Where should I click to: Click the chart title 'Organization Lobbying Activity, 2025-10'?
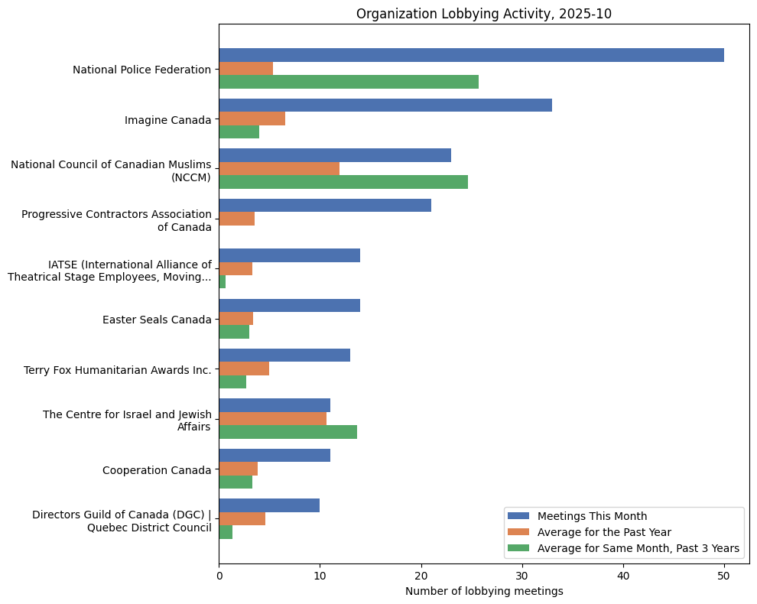pos(484,14)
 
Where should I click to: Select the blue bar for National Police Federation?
pos(471,55)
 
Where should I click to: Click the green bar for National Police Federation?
pos(349,82)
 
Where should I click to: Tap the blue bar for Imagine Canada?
pos(385,106)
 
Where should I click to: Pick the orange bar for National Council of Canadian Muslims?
pos(279,168)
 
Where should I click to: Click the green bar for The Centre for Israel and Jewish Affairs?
pos(288,432)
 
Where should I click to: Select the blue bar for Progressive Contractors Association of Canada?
pos(325,205)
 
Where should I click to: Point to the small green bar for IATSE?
pos(223,282)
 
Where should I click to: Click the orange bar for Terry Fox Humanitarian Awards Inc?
pos(244,369)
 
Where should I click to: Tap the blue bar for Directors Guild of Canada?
pos(269,505)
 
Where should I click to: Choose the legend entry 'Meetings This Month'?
pos(592,516)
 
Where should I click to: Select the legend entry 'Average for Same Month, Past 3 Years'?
pos(638,548)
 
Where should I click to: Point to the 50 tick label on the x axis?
pos(724,575)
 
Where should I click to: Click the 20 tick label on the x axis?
pos(421,575)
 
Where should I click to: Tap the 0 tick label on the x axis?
pos(219,575)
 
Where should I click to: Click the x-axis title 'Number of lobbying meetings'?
pos(484,591)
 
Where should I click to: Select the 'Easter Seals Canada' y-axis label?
pos(157,320)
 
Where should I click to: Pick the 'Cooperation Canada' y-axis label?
pos(157,470)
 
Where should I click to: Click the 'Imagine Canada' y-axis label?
pos(167,120)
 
